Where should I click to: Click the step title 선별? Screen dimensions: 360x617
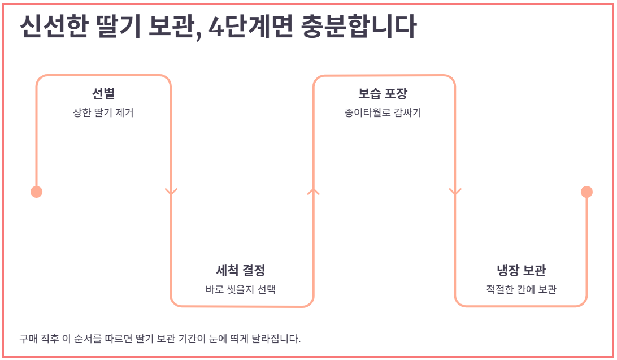(x=103, y=93)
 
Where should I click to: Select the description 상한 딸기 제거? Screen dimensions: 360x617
(x=103, y=112)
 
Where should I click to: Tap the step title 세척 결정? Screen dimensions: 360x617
(x=241, y=270)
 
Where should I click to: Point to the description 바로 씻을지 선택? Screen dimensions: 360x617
(x=241, y=289)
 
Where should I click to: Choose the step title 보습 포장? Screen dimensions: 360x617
(x=383, y=93)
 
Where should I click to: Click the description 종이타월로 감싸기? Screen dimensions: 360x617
(x=383, y=112)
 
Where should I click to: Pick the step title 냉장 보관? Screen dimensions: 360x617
(x=521, y=270)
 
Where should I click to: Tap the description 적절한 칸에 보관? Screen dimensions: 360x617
(x=521, y=289)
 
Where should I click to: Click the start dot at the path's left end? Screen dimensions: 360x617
(x=36, y=192)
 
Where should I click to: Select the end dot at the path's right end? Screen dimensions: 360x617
(x=586, y=192)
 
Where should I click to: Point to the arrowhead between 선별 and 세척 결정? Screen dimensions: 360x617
(x=171, y=191)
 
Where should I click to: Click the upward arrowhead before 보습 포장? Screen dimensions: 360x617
(x=313, y=191)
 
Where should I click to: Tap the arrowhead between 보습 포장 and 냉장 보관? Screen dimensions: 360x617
(x=455, y=191)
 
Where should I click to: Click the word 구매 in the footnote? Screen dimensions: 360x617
(x=28, y=339)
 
